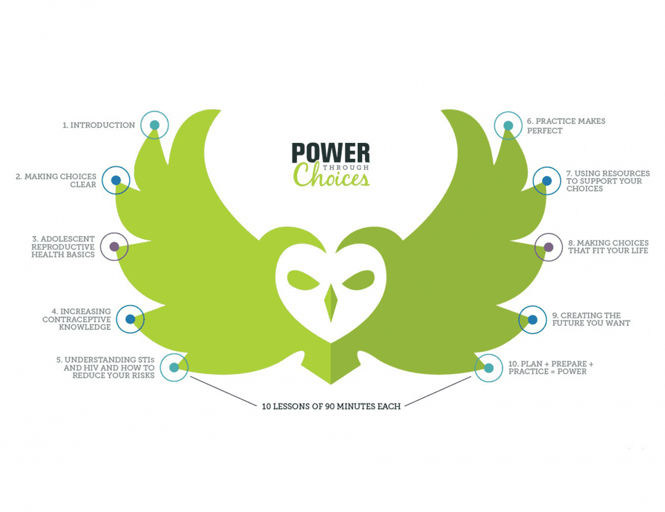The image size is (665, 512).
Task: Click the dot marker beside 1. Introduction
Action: (x=155, y=125)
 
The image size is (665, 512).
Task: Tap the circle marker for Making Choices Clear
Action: (x=116, y=181)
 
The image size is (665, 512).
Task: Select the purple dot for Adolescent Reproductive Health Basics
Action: (x=114, y=246)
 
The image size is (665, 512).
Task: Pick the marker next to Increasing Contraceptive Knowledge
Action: (x=130, y=319)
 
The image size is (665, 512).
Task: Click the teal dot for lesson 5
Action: (x=174, y=368)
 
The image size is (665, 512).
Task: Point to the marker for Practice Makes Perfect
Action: (x=508, y=126)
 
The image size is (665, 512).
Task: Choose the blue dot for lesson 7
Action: (x=547, y=181)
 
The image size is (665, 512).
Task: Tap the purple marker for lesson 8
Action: (x=549, y=247)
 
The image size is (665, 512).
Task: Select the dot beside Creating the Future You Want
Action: (x=533, y=320)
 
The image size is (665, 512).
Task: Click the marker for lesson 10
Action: (x=488, y=368)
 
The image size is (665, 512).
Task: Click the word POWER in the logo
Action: (x=331, y=153)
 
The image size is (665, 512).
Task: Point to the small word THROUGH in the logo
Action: (x=345, y=167)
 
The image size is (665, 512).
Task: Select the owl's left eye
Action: (x=303, y=280)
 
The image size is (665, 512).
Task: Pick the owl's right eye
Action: (x=358, y=280)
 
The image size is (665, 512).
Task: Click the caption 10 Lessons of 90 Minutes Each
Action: (x=331, y=406)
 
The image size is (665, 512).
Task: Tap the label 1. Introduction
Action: (x=99, y=125)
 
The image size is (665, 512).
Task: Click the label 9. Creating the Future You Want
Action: (x=590, y=319)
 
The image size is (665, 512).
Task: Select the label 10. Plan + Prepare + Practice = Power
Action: (x=550, y=368)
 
